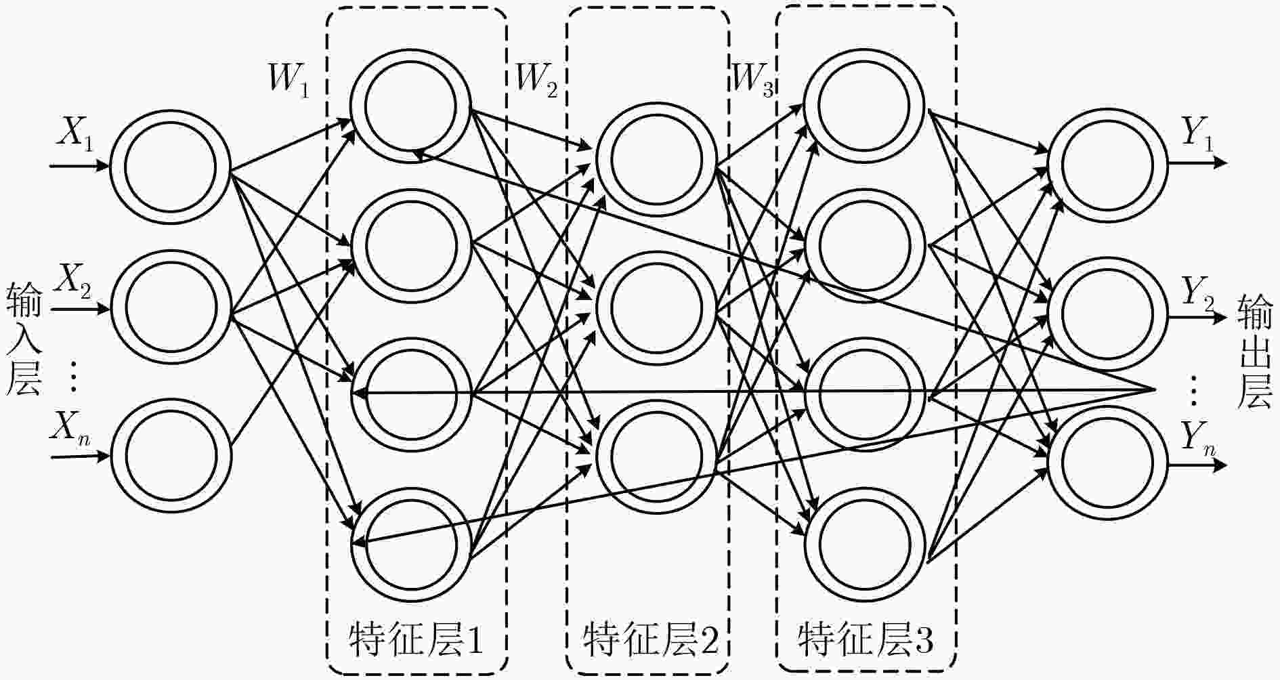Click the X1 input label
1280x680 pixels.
pyautogui.click(x=76, y=133)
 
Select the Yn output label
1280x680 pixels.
pyautogui.click(x=1199, y=440)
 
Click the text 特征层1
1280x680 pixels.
pyautogui.click(x=416, y=639)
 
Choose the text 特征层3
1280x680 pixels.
pyautogui.click(x=866, y=639)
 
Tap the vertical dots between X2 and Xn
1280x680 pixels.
pyautogui.click(x=74, y=377)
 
